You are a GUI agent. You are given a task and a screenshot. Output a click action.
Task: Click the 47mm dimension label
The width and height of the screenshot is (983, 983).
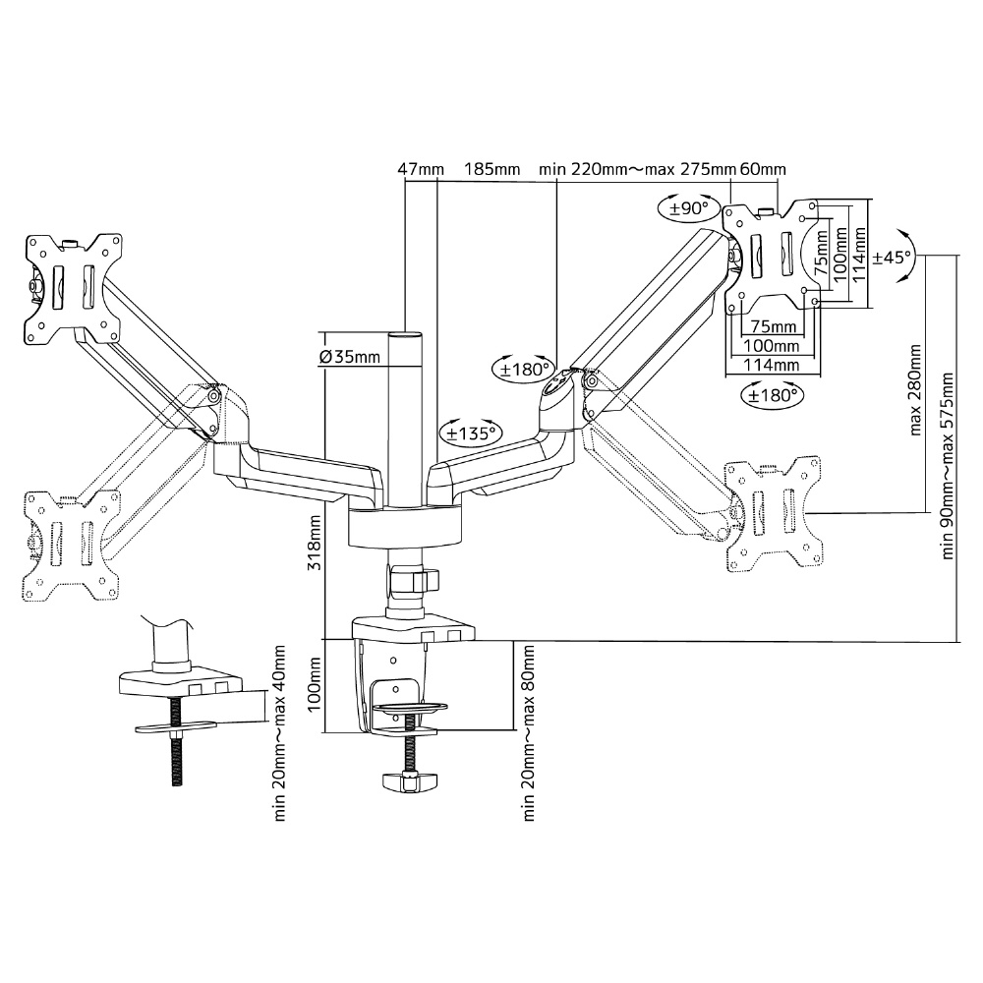(x=421, y=169)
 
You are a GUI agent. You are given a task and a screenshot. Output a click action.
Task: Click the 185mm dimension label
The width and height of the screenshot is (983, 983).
(x=492, y=169)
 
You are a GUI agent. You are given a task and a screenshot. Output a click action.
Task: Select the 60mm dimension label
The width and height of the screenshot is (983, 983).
(x=763, y=169)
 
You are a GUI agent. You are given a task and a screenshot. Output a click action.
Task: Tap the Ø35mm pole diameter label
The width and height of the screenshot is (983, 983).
(x=350, y=357)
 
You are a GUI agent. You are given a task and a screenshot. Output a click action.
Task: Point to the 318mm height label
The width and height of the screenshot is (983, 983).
(x=315, y=543)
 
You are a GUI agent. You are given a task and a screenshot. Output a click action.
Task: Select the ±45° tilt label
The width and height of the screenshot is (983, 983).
(x=893, y=257)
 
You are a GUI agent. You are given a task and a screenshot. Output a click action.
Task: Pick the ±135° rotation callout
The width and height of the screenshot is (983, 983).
(x=471, y=432)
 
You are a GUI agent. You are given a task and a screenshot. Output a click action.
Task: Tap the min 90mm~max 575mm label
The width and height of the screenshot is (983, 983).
(x=947, y=466)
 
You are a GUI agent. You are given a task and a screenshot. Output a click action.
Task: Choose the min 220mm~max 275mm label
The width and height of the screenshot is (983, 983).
(x=637, y=169)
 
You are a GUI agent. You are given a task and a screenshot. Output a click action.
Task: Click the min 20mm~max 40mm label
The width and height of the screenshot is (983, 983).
(x=279, y=733)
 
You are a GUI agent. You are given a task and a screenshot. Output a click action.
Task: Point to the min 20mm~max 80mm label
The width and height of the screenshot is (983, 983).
(x=529, y=733)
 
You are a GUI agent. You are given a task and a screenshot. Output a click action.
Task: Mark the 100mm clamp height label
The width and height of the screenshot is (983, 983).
(x=315, y=684)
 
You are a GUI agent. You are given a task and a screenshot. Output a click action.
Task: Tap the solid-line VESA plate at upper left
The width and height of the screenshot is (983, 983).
(x=73, y=289)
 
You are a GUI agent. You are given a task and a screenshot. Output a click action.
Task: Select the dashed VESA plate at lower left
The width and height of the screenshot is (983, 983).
(x=71, y=546)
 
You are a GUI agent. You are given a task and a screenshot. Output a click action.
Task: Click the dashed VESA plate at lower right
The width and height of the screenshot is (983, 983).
(x=773, y=513)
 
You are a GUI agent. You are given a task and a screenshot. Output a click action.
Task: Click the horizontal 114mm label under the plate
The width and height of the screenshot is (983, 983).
(x=772, y=365)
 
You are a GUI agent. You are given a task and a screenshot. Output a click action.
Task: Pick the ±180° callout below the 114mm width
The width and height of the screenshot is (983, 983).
(x=773, y=395)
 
